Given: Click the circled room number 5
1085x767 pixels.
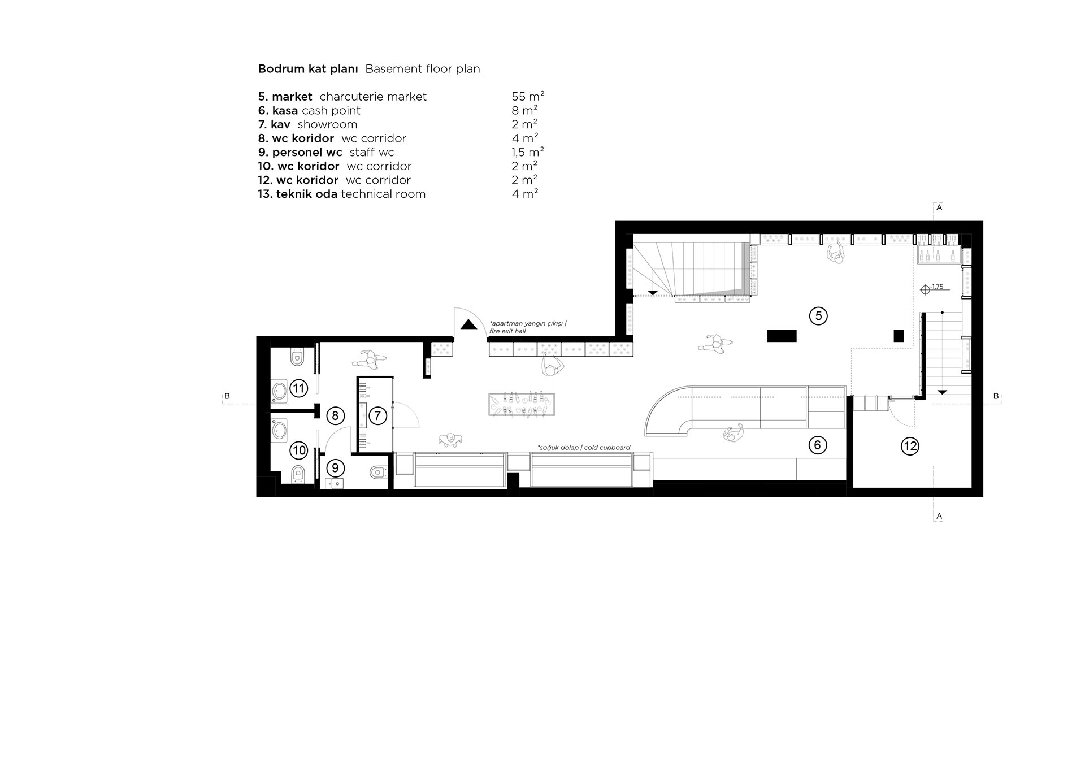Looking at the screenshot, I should click(818, 316).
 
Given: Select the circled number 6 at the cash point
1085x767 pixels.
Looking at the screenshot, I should click(817, 445).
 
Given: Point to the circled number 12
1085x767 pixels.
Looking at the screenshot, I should click(910, 447).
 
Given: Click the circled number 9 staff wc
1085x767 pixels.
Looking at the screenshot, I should click(335, 468).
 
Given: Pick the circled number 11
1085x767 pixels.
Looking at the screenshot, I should click(298, 388).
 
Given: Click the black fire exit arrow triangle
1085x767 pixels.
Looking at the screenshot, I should click(467, 324).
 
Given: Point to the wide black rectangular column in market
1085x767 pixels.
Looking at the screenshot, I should click(782, 336).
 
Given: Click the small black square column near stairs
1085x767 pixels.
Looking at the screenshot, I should click(899, 336).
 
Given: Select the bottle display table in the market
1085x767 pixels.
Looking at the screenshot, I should click(521, 405).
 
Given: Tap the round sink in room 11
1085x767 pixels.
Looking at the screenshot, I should click(280, 391).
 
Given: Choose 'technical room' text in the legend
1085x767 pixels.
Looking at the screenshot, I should click(383, 194).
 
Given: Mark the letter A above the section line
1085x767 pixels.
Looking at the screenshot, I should click(939, 208).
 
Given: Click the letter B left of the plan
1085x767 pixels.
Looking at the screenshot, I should click(227, 396).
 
